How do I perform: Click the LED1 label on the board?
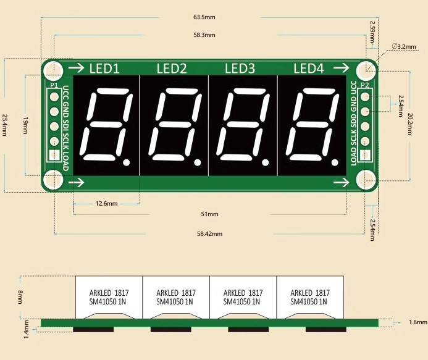coord(104,69)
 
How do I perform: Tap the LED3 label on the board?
coord(240,69)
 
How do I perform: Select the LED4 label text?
coord(308,69)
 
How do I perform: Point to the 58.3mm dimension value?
coord(204,35)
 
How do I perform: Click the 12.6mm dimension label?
coord(106,203)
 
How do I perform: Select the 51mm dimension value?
coord(210,214)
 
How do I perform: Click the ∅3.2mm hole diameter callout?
coord(405,46)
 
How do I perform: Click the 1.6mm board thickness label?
coord(418,322)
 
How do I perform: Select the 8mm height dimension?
coord(20,298)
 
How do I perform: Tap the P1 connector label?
coord(54,85)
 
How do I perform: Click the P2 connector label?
coord(364,85)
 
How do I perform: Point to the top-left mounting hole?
coord(54,69)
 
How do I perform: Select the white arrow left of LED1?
coord(77,68)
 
